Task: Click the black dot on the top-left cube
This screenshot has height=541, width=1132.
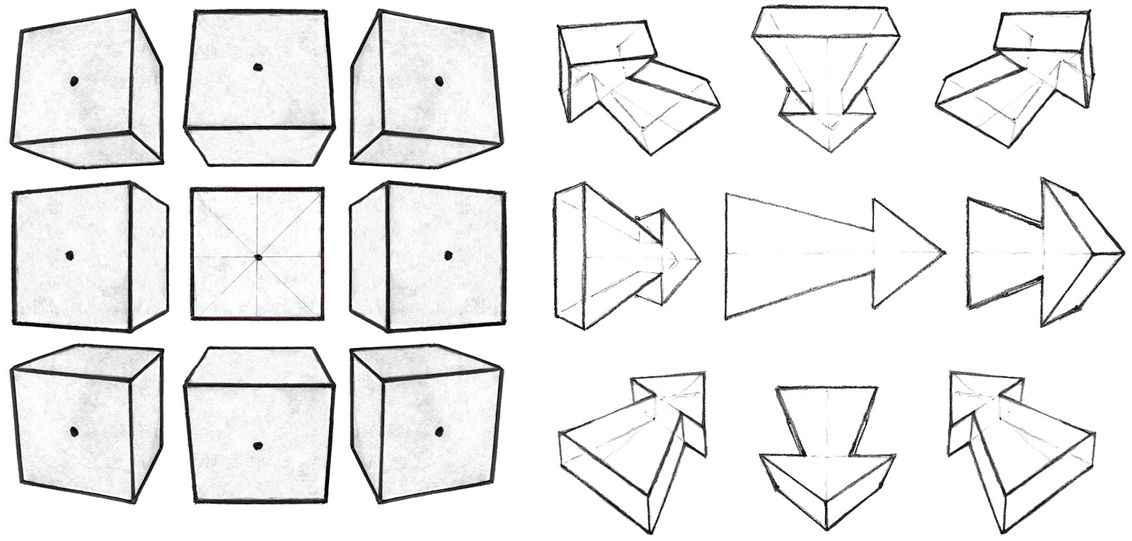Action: tap(74, 81)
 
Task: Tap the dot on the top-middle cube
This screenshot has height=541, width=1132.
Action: tap(258, 68)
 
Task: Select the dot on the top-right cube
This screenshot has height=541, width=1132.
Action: tap(439, 80)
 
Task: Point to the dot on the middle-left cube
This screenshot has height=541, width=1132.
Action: tap(69, 255)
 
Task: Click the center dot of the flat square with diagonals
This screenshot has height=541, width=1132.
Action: tap(258, 257)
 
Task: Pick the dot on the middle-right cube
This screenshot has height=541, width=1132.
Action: tap(447, 255)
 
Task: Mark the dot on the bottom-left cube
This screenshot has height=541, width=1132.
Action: tap(74, 431)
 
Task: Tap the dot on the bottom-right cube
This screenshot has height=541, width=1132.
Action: tap(439, 431)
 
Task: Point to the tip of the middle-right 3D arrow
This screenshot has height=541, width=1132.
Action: tap(1122, 252)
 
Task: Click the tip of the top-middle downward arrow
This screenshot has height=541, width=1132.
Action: tap(828, 151)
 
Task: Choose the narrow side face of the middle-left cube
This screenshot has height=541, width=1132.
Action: tap(149, 255)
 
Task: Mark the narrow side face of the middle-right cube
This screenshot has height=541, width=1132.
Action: tap(368, 255)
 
